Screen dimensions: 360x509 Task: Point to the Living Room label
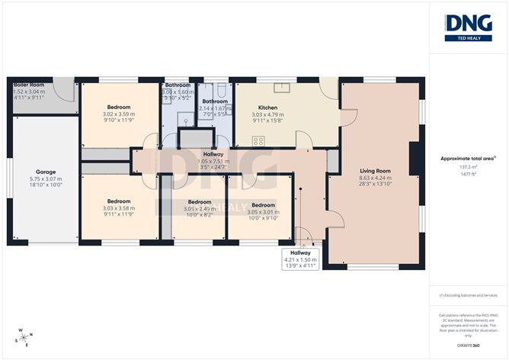pyautogui.click(x=375, y=171)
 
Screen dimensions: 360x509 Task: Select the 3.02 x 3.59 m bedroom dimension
pyautogui.click(x=118, y=114)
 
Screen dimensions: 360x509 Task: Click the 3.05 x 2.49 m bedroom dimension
pyautogui.click(x=199, y=209)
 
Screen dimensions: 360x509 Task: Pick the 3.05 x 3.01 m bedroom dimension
pyautogui.click(x=263, y=211)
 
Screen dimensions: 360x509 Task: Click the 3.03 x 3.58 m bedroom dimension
pyautogui.click(x=118, y=207)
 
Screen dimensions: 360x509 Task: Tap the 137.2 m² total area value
pyautogui.click(x=468, y=166)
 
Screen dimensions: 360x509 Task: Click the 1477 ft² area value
pyautogui.click(x=468, y=173)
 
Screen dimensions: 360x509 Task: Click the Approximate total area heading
pyautogui.click(x=467, y=158)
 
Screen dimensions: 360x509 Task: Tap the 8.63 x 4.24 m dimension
pyautogui.click(x=375, y=178)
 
